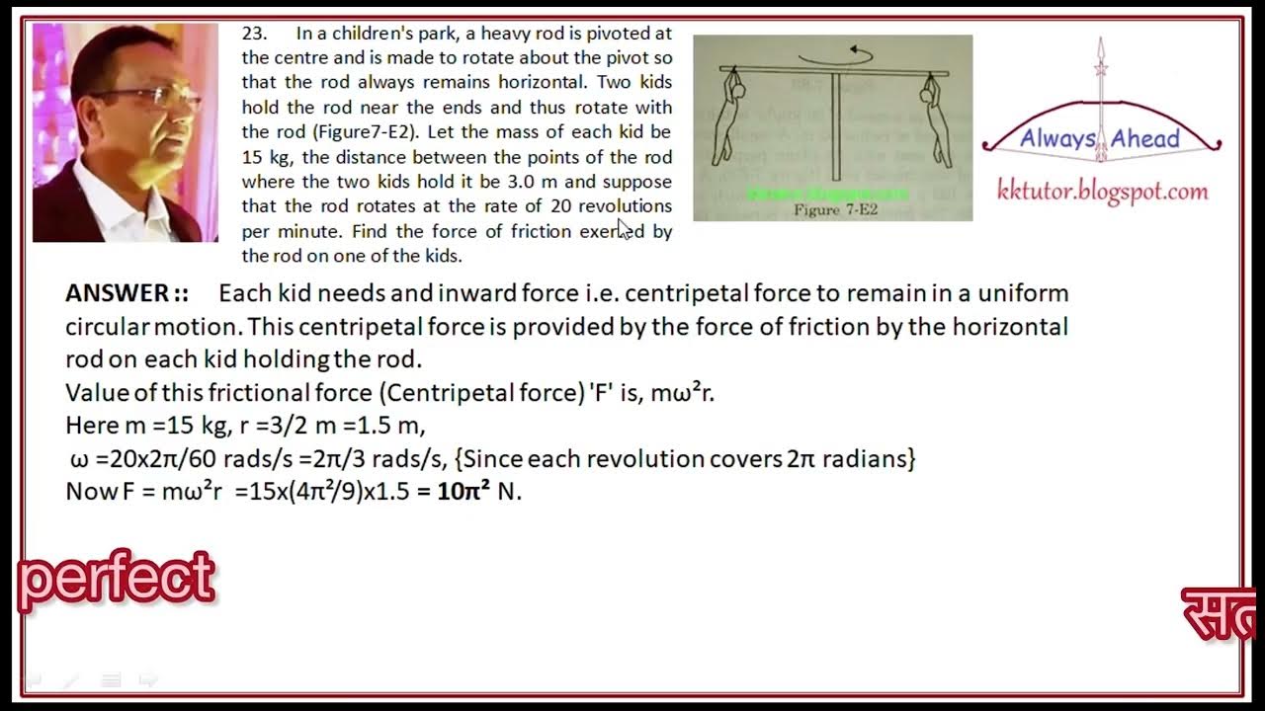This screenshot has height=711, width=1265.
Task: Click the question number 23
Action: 253,33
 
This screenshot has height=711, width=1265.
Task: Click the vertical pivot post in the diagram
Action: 836,127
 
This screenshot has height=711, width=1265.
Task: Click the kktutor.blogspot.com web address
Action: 1102,192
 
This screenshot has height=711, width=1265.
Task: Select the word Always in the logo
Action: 1058,139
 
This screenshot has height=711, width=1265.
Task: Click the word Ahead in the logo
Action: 1145,139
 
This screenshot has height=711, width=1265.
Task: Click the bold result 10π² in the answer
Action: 464,491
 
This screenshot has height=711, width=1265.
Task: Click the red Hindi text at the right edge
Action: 1220,614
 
